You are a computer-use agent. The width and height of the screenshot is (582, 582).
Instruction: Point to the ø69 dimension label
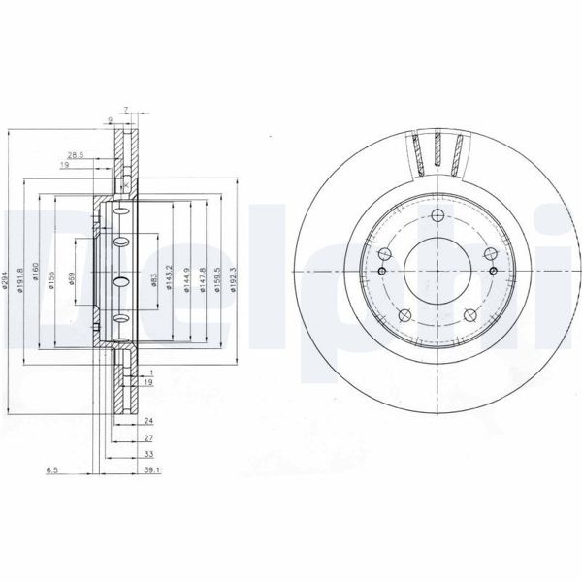point(75,281)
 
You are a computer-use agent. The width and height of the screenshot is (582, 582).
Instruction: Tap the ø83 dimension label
point(155,282)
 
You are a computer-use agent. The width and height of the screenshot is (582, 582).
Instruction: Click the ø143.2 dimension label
point(172,282)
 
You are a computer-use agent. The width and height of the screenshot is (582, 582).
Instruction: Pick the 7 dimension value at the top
point(126,109)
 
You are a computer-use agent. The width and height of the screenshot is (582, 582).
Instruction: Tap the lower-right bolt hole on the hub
point(470,313)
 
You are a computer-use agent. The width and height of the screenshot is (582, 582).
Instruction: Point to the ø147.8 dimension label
point(202,282)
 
